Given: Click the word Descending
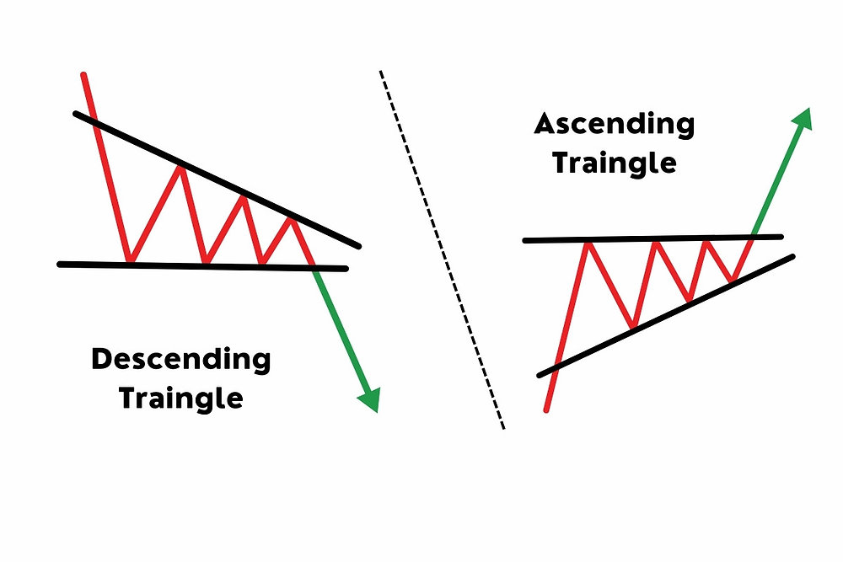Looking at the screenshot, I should (x=180, y=361).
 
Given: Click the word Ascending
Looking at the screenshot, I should (x=615, y=126).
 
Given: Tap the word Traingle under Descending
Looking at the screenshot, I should (x=180, y=397).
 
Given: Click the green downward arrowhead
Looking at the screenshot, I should (x=369, y=399).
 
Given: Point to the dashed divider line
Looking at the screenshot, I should (x=443, y=253).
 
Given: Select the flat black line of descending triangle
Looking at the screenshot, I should (x=202, y=266).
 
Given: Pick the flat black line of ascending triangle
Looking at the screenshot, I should (x=653, y=239).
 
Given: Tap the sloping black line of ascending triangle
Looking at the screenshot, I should (x=666, y=313).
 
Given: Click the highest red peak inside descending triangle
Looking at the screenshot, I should (x=180, y=166).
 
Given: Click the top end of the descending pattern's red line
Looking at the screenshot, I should (x=83, y=76).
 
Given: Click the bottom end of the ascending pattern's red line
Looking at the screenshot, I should (x=547, y=410).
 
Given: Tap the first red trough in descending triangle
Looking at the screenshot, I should (x=129, y=261).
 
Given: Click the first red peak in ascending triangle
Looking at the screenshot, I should (x=587, y=243).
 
